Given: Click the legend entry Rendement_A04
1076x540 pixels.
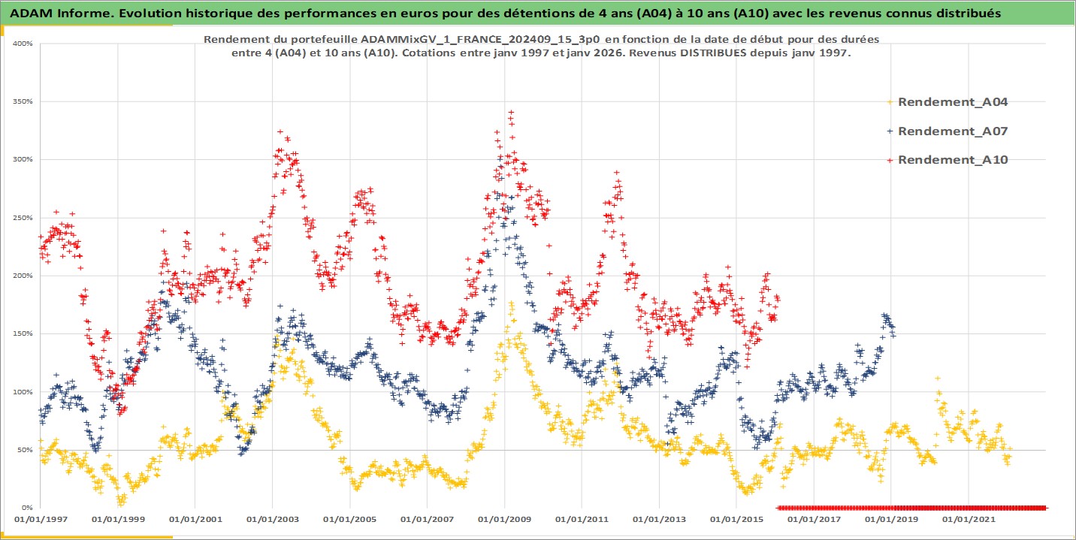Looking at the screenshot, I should pos(952,102).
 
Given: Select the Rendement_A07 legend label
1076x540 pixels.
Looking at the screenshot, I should pos(952,131).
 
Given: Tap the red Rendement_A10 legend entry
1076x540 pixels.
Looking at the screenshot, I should pos(952,159).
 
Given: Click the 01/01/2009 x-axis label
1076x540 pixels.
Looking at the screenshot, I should pos(504,519).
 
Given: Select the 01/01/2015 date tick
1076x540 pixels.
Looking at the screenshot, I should pos(736,519).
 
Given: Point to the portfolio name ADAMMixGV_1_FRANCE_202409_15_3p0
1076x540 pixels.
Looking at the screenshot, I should pos(439,38).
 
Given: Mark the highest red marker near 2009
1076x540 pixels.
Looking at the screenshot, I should pos(511,112).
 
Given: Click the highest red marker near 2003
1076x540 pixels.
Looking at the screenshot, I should pos(280,131).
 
